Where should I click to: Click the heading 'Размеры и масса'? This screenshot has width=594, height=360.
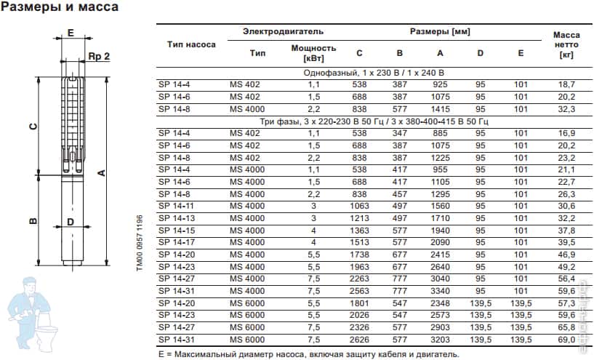[x=60, y=7]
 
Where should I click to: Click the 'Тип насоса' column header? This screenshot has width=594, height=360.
[x=191, y=44]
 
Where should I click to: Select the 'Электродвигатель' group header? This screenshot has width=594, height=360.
[x=273, y=32]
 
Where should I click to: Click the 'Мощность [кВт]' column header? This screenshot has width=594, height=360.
[x=313, y=52]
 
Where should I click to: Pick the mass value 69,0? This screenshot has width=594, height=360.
[x=566, y=340]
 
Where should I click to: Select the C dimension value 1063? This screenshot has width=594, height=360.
[x=359, y=206]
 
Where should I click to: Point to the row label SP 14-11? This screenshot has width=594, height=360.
[x=175, y=206]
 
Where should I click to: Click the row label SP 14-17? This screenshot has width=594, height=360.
[x=175, y=242]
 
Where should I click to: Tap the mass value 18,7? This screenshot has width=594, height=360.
[x=566, y=84]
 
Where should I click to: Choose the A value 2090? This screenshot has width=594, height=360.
[x=440, y=242]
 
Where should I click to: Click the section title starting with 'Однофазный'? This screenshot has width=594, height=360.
[x=373, y=73]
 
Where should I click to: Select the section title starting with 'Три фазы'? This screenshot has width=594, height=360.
[x=373, y=121]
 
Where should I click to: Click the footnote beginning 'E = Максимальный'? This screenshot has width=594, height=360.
[x=308, y=354]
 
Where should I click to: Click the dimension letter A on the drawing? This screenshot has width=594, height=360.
[x=103, y=172]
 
